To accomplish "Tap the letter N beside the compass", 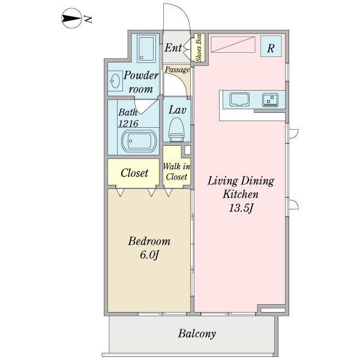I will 88,20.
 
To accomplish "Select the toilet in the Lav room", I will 176,128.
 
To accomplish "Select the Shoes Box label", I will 199,47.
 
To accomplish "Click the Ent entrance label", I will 174,48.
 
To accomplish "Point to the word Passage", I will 177,70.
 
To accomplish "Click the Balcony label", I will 197,334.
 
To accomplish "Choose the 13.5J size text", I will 241,208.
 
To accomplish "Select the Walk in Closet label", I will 176,172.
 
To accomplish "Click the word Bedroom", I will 149,241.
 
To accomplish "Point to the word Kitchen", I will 241,194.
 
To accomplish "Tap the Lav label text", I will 176,110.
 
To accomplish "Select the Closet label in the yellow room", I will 134,173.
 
